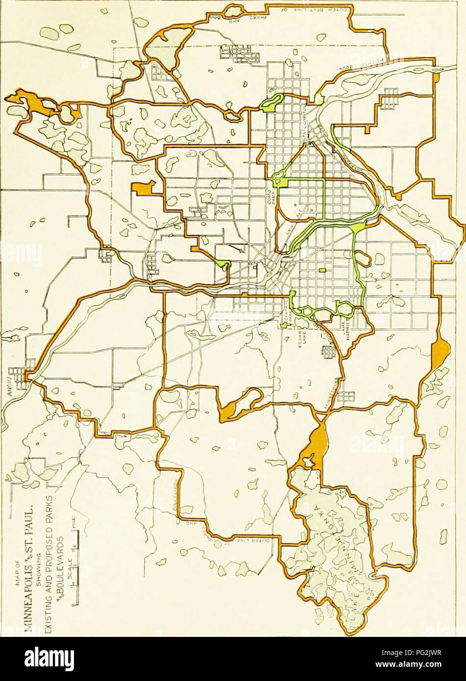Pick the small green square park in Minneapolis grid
point(322,270)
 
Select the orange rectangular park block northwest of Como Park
point(143,189)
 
